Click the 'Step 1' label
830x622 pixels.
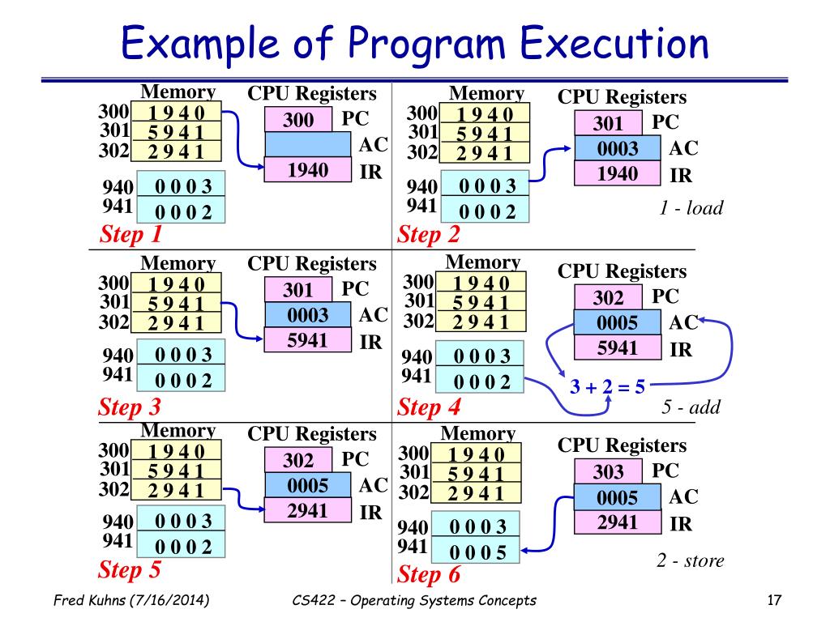tap(130, 235)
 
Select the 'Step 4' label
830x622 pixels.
tap(430, 407)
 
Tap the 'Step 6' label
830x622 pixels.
tap(430, 576)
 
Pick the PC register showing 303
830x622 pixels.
tap(608, 471)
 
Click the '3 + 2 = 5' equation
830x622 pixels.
tap(607, 386)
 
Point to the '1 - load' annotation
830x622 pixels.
tap(691, 208)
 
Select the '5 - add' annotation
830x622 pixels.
tap(691, 407)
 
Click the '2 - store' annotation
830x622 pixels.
tap(690, 560)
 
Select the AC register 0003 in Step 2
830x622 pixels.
tap(618, 149)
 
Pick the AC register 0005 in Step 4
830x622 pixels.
tap(618, 323)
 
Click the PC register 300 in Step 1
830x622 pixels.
tap(298, 121)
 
